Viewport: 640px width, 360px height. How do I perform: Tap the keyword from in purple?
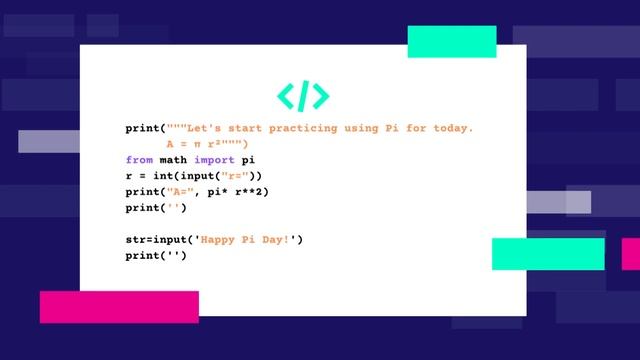139,160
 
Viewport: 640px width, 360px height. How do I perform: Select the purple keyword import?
214,160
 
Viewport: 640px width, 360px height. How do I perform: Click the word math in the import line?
173,160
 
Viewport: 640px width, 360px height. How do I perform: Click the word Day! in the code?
276,240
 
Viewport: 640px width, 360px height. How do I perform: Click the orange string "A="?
179,192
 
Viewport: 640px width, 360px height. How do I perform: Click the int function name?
156,176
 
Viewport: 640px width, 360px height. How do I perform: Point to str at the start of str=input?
135,240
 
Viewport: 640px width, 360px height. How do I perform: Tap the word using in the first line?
361,129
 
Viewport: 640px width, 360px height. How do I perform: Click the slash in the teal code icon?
303,95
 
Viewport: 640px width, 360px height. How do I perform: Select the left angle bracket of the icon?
286,95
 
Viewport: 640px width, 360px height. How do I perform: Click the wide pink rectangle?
119,307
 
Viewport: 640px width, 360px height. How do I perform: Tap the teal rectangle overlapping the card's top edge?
452,42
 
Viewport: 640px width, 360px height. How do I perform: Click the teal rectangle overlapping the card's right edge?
548,254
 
